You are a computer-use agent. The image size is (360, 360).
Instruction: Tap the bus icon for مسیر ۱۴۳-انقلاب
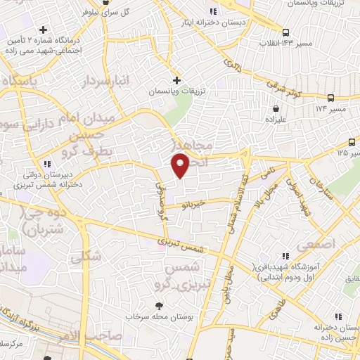285,32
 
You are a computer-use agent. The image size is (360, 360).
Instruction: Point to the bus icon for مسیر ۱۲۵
352,142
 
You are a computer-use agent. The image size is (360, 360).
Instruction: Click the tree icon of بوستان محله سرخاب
160,306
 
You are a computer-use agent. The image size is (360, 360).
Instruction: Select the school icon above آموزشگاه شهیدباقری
285,257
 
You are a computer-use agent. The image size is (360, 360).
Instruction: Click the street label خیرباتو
191,204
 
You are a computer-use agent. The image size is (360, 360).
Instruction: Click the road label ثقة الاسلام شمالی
240,196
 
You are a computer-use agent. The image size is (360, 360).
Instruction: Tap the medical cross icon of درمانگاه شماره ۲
44,30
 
